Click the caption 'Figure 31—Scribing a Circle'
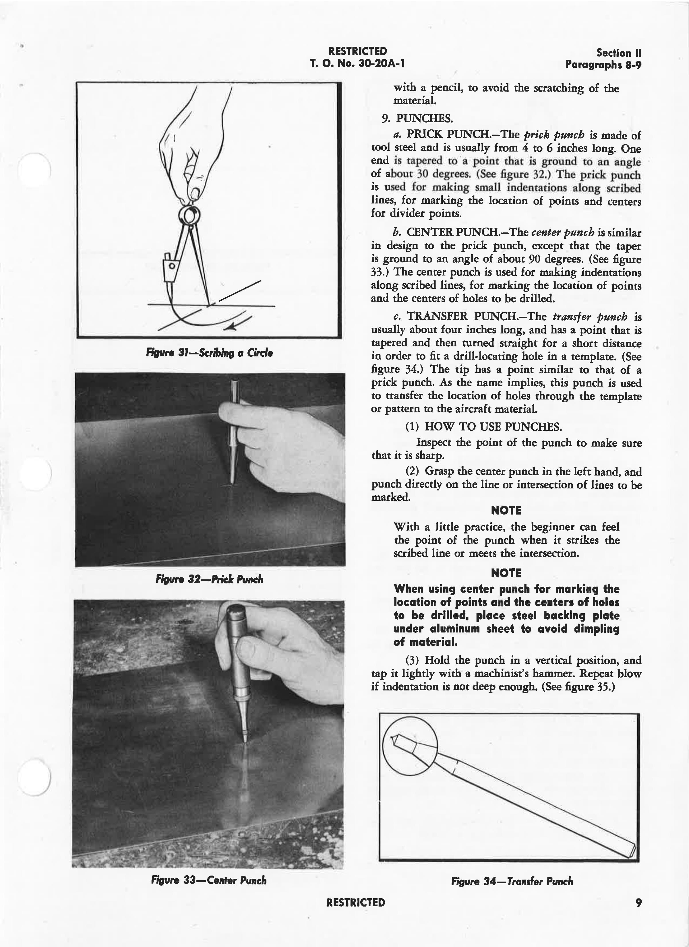[209, 353]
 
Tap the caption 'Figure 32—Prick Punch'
[209, 579]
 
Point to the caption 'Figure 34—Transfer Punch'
[512, 882]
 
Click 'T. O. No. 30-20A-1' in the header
[357, 63]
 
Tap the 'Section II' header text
[619, 53]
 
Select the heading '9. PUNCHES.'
[417, 119]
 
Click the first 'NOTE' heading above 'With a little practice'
[506, 510]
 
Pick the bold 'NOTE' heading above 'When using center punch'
[506, 573]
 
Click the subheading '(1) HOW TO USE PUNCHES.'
[483, 427]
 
